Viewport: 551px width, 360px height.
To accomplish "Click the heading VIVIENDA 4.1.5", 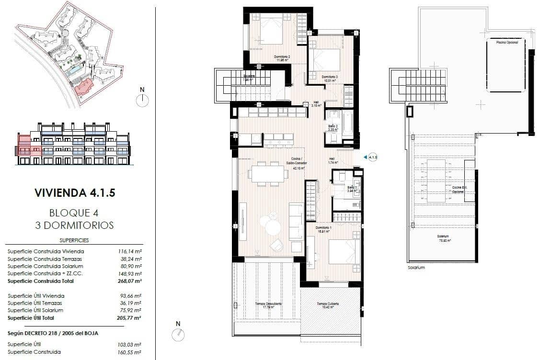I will tap(75, 193).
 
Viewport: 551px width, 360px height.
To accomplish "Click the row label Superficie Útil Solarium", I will tap(36, 310).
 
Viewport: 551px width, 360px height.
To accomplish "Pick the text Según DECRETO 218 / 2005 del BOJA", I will tap(53, 333).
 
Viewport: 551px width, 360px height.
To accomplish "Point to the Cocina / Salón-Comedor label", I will tap(296, 163).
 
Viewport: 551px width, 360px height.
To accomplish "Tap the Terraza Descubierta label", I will tap(268, 305).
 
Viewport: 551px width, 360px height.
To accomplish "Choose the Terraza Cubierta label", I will tap(328, 305).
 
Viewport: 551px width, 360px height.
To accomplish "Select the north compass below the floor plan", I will tap(178, 333).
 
